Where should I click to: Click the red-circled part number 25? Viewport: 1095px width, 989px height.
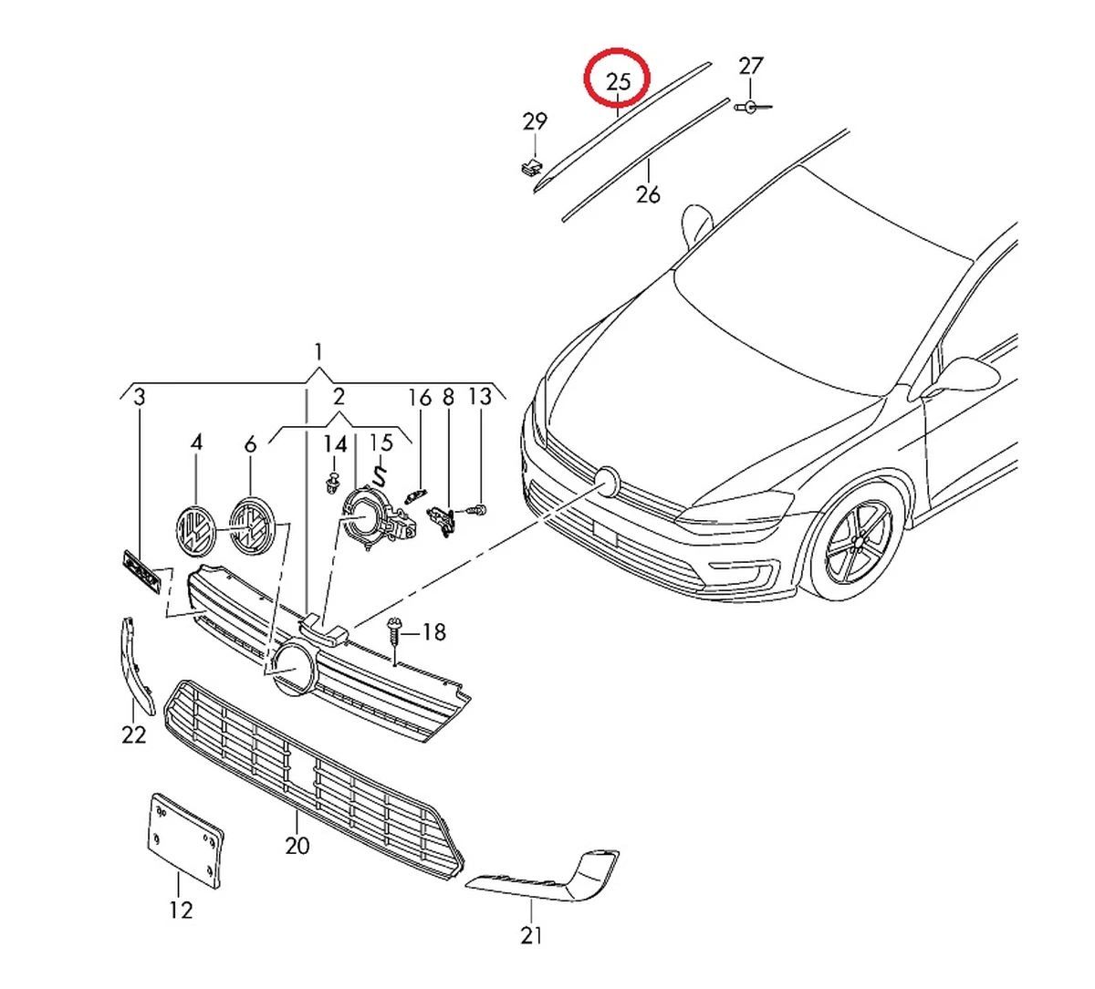[618, 80]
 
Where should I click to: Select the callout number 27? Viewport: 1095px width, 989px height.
[750, 66]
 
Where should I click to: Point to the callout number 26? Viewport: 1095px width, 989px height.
[648, 194]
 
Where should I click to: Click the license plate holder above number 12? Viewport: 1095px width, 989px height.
[185, 839]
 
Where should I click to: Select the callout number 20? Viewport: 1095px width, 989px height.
[297, 846]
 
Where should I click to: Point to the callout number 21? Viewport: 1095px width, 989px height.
[531, 934]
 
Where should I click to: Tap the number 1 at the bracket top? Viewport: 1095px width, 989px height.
[318, 352]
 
